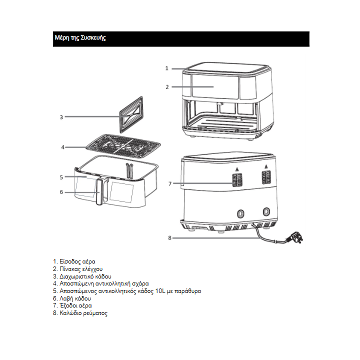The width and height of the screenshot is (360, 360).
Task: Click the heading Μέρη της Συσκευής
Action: pyautogui.click(x=79, y=38)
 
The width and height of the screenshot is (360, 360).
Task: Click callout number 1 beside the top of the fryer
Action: pyautogui.click(x=167, y=68)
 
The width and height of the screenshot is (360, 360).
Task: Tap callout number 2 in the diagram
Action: pyautogui.click(x=167, y=87)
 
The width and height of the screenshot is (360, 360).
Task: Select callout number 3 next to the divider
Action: pyautogui.click(x=61, y=117)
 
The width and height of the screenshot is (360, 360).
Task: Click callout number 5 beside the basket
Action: pyautogui.click(x=61, y=177)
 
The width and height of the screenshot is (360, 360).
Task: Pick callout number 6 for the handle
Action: pyautogui.click(x=61, y=192)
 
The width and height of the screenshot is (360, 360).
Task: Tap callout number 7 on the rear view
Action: pyautogui.click(x=169, y=184)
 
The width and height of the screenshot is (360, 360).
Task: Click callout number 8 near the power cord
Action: pyautogui.click(x=169, y=238)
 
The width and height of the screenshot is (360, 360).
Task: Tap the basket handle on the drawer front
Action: pyautogui.click(x=99, y=192)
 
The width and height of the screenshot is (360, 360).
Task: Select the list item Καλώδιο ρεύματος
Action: pyautogui.click(x=80, y=313)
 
